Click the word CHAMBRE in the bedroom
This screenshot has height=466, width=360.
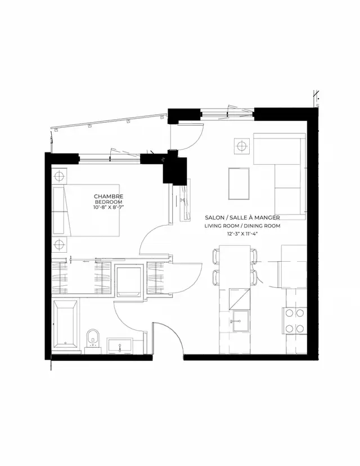tap(109, 196)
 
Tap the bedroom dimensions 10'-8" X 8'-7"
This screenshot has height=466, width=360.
tap(109, 208)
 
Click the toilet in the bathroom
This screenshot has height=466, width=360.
tap(93, 340)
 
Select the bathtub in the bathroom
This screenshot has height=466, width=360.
tap(65, 325)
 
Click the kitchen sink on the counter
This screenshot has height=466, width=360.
tap(241, 321)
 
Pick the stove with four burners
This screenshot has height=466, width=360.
tap(294, 321)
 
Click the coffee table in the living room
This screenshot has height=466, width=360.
tap(240, 183)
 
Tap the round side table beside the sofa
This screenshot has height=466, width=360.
tap(241, 146)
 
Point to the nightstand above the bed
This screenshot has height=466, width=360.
tap(60, 174)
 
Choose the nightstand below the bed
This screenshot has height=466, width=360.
tap(60, 245)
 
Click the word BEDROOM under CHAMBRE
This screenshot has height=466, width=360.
tap(109, 202)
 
